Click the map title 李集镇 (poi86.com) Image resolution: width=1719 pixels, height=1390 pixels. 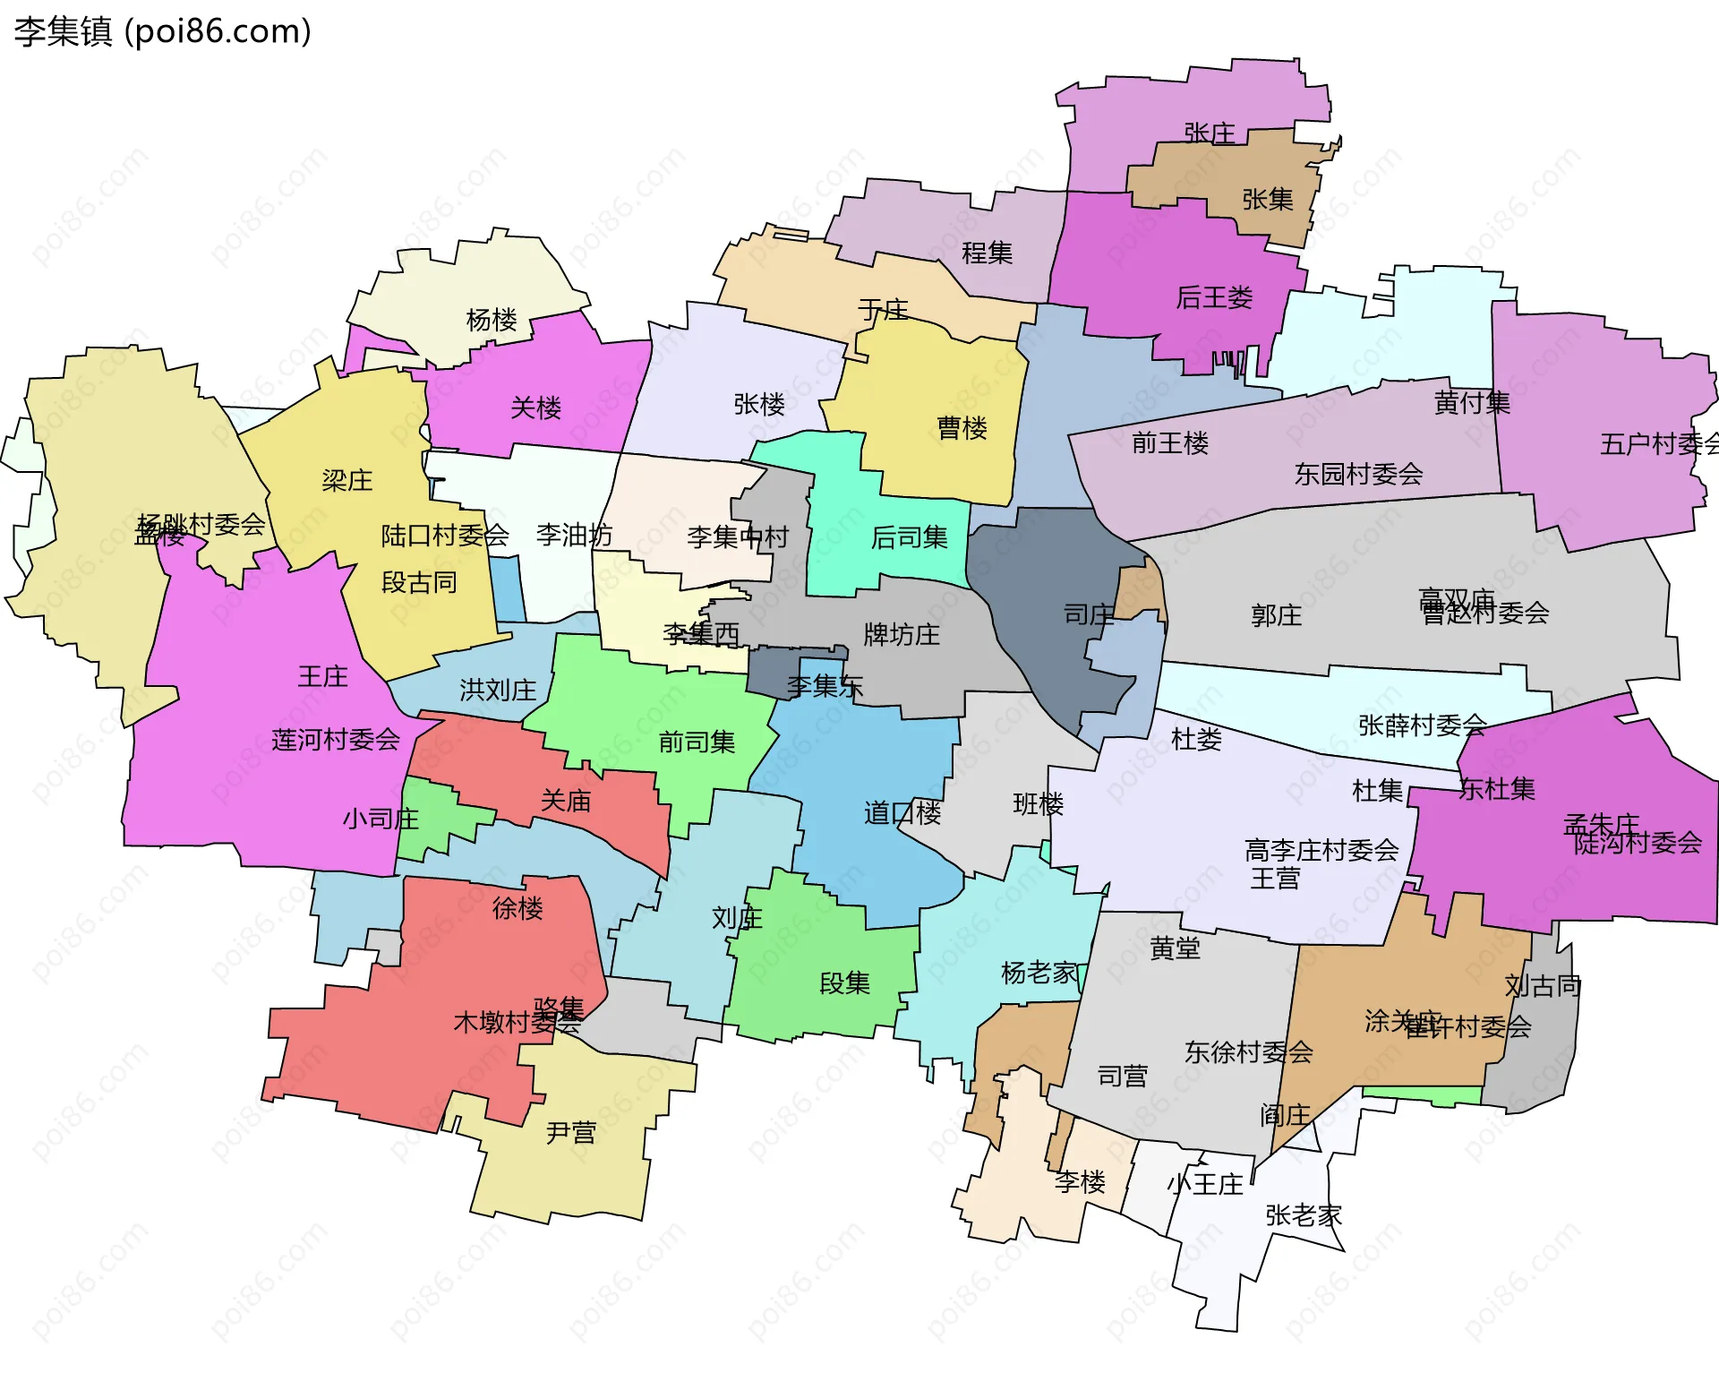point(162,31)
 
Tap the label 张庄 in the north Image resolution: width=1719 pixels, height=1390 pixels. point(1209,133)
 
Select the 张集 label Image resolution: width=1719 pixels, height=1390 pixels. point(1267,199)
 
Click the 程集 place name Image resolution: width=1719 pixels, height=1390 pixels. point(987,253)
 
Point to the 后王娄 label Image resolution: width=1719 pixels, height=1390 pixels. point(1214,297)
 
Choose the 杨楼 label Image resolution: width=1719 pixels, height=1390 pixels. point(492,319)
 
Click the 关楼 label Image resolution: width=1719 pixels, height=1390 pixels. point(535,408)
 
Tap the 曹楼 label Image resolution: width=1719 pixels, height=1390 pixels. point(962,427)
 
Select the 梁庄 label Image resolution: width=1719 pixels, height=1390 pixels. point(346,480)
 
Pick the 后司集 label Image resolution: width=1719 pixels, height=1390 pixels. point(909,537)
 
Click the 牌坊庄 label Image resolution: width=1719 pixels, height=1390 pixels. point(901,634)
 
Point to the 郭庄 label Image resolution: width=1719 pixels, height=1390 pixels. point(1276,615)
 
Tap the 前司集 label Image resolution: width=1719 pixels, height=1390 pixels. point(697,742)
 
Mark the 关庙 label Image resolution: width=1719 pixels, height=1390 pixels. point(565,801)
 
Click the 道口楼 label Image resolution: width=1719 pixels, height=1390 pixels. point(902,813)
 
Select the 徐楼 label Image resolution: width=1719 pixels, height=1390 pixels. point(517,908)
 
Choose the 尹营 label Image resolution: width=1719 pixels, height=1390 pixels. point(570,1133)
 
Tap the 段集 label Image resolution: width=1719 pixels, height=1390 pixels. point(844,983)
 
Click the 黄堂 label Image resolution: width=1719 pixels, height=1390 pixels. point(1175,948)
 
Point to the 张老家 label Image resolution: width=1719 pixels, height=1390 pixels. point(1304,1215)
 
